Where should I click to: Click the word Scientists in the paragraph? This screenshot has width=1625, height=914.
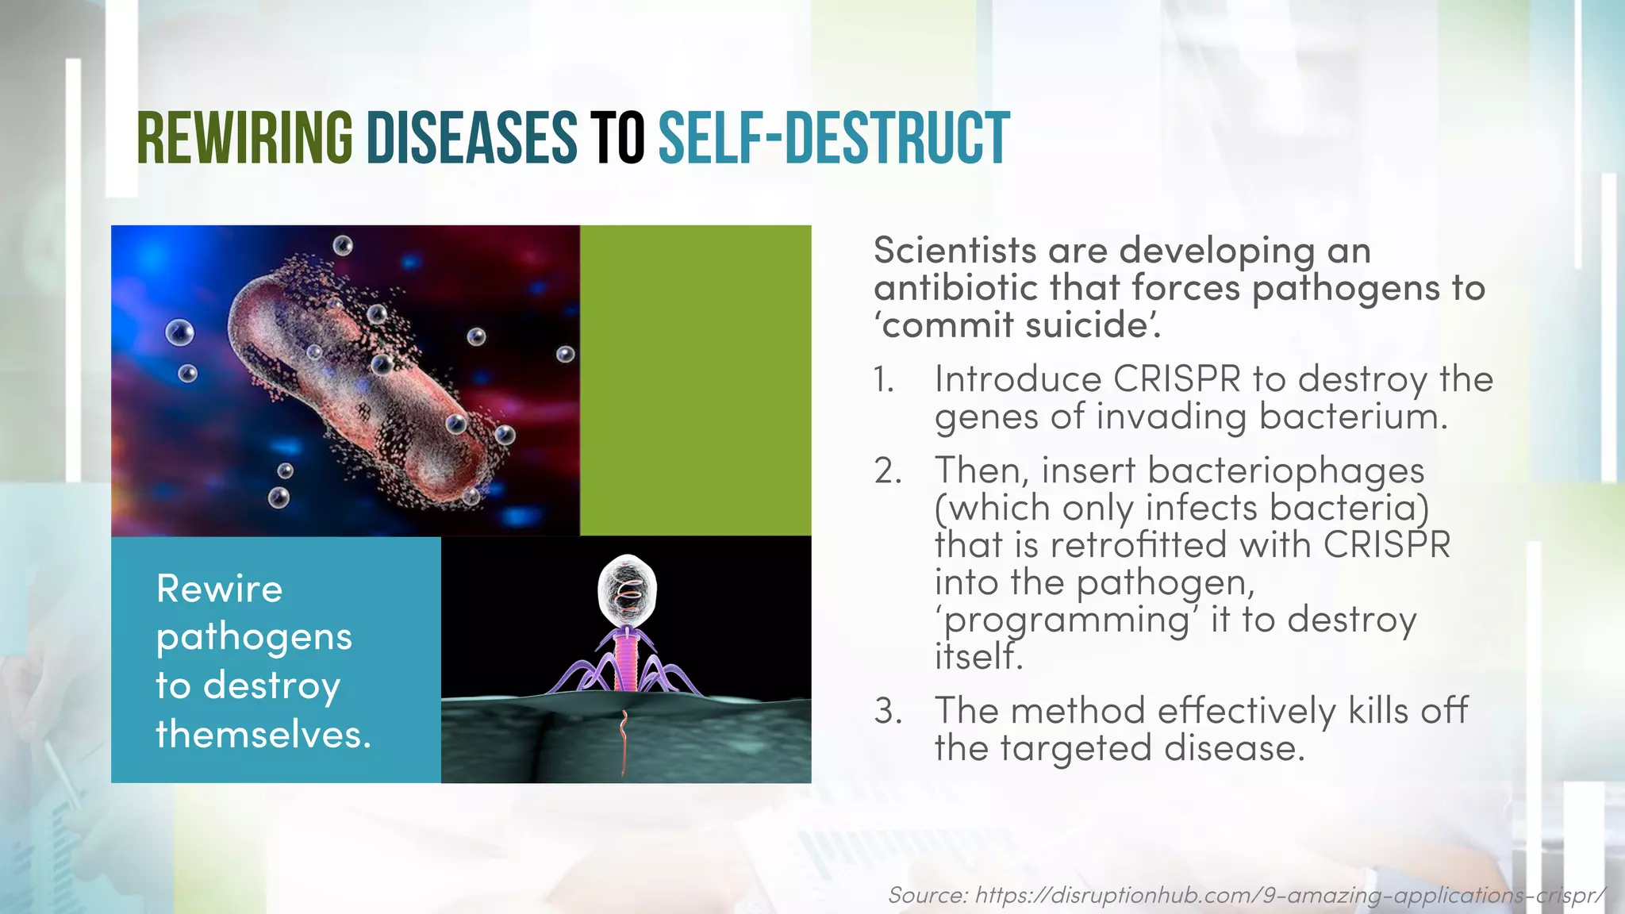tap(955, 251)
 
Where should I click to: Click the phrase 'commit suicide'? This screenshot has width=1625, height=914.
tap(1017, 325)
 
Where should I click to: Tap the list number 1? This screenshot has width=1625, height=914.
tap(885, 380)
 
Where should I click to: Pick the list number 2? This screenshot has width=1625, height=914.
tap(888, 471)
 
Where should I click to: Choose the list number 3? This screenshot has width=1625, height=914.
tap(888, 711)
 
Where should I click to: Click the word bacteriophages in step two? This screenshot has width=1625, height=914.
tap(1285, 471)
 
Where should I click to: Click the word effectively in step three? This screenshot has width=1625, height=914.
tap(1247, 711)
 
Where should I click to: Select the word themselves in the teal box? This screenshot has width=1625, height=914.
tap(263, 734)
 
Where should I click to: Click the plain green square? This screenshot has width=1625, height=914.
tap(695, 380)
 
